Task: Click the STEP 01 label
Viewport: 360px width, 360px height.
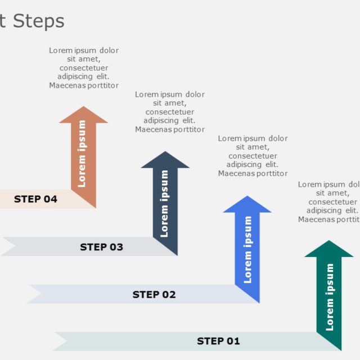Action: click(x=218, y=341)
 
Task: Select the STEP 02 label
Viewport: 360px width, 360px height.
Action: click(x=154, y=294)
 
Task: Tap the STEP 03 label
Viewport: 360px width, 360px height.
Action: click(x=101, y=247)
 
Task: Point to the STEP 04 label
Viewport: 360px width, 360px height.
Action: click(x=35, y=199)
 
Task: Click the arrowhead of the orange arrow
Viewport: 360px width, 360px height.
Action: click(x=83, y=115)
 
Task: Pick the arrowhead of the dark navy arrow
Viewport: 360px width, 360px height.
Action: click(x=165, y=160)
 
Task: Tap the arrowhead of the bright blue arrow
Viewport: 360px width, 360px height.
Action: click(x=247, y=205)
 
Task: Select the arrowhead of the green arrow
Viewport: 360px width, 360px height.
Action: click(x=328, y=249)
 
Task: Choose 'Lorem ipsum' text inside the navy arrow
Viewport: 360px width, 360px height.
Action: click(x=165, y=203)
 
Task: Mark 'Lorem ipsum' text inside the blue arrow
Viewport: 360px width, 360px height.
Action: click(x=247, y=249)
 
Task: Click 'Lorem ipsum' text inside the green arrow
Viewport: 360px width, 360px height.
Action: click(x=330, y=296)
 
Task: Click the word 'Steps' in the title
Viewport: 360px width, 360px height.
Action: click(x=39, y=21)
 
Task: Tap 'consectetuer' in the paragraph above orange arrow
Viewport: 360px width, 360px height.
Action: click(x=84, y=68)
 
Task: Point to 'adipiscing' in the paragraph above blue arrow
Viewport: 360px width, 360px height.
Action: click(x=245, y=165)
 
